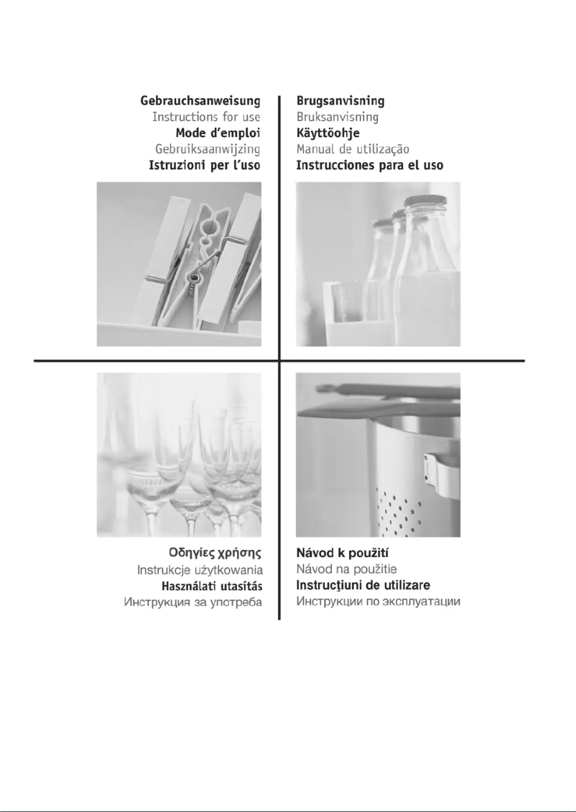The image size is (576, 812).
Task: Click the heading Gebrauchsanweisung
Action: coord(200,101)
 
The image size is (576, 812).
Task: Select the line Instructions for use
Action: coord(206,116)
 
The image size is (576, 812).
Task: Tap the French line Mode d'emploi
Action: coord(218,133)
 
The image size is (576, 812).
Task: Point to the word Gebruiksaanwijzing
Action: coord(208,149)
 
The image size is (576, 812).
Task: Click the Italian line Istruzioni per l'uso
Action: coord(205,165)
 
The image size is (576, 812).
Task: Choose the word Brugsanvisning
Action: coord(340,101)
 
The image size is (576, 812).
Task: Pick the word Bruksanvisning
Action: coord(338,116)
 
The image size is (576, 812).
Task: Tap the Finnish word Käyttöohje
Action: coord(328,133)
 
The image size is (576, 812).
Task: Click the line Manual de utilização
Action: coord(353,149)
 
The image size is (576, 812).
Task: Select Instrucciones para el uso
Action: coord(370,165)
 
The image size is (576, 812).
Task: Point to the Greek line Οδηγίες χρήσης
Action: coord(215,553)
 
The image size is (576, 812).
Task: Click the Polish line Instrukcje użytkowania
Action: coord(200,570)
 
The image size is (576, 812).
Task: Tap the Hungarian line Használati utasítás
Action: coord(212,587)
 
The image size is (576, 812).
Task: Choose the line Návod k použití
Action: coord(343,553)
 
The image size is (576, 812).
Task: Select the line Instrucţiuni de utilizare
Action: coord(363,586)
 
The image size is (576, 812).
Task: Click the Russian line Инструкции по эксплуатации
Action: coord(378,602)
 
